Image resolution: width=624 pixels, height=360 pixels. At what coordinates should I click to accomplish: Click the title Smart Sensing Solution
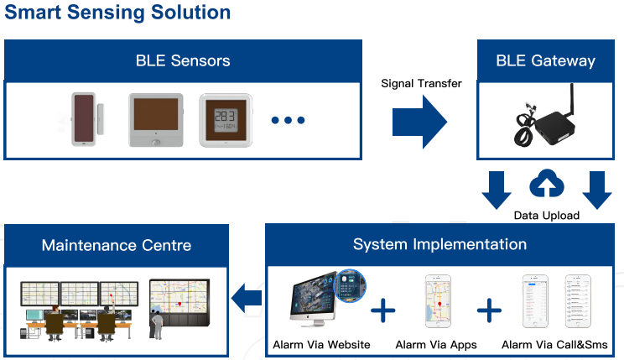pos(117,13)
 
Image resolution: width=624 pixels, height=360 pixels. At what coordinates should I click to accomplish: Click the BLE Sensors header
pos(183,60)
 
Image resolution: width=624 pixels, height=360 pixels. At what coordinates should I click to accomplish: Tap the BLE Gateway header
pos(545,60)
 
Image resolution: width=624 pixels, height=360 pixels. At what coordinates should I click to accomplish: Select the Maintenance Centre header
pos(117,245)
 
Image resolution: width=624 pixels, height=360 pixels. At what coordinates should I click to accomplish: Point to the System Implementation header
pos(439,244)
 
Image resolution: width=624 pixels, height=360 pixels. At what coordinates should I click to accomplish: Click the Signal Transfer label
pos(421,83)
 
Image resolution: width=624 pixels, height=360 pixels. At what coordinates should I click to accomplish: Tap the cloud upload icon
pos(546,185)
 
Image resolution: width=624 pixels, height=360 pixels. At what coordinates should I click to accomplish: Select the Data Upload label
pos(546,216)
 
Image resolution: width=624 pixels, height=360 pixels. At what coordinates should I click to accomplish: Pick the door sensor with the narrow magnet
pos(86,120)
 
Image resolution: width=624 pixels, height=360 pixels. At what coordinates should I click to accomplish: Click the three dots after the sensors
pos(287,121)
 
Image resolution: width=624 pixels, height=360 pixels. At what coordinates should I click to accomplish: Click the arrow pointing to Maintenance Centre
pos(247,296)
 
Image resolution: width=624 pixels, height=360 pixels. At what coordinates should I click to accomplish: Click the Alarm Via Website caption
pos(321,345)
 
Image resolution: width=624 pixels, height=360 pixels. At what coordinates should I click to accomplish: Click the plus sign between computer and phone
pos(382,310)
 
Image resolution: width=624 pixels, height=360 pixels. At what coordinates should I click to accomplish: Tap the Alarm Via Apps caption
pos(436,345)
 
